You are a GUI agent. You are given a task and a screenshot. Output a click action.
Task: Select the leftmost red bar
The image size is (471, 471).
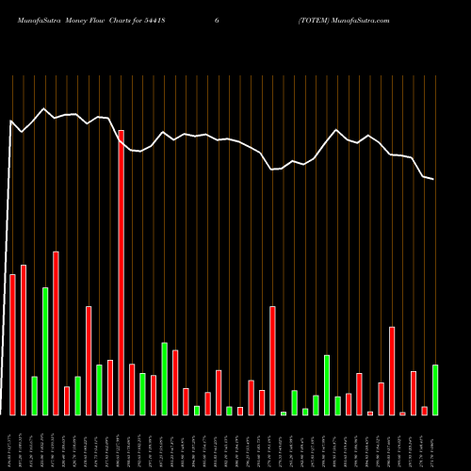12,344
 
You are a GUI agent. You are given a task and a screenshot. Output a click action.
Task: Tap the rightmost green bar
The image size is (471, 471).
435,389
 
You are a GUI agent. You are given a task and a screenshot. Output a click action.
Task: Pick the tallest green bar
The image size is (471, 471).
45,350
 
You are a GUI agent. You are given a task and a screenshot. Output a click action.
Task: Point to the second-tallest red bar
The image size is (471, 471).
56,333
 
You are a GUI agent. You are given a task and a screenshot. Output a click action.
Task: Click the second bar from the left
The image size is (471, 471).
24,339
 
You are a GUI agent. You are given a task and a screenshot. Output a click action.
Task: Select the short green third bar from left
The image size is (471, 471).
34,396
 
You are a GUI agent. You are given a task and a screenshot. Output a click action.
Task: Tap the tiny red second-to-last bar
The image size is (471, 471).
424,410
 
